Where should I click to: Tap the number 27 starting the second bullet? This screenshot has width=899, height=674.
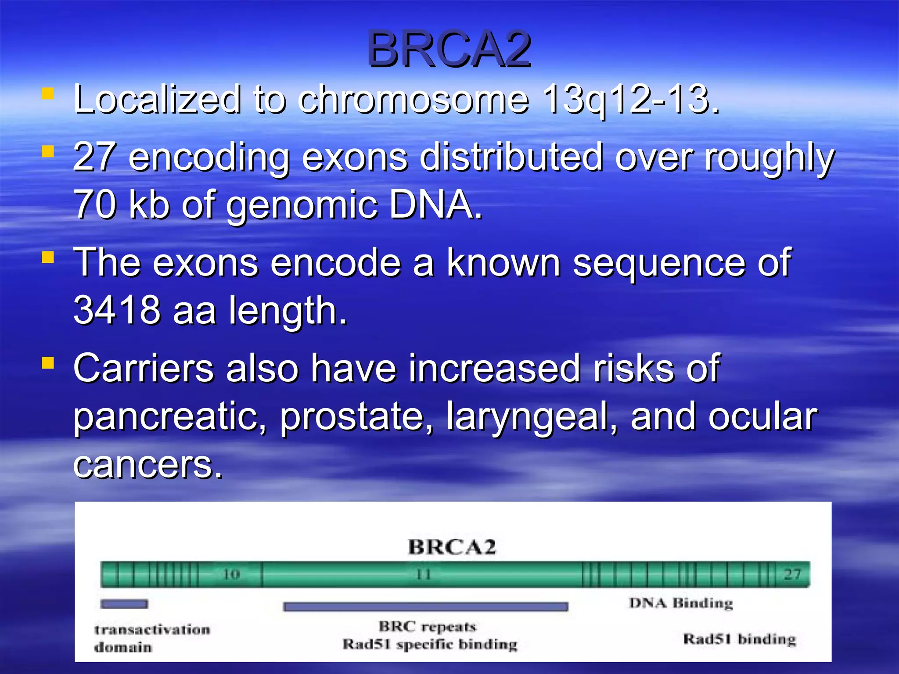[x=94, y=157]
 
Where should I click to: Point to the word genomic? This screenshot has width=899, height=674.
[x=302, y=205]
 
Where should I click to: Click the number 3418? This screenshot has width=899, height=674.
[x=117, y=310]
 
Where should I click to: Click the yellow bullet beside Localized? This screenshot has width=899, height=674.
[x=48, y=93]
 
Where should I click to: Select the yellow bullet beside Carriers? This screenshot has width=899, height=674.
[x=48, y=363]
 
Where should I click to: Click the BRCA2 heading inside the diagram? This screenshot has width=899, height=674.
[x=452, y=547]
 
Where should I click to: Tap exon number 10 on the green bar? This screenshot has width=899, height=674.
[x=231, y=574]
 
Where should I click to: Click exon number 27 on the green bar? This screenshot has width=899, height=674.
[x=792, y=574]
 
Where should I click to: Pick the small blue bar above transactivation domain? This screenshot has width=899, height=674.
[x=124, y=604]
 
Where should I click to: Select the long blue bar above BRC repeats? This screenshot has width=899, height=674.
[x=425, y=606]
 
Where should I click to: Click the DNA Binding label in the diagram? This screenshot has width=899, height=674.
[x=681, y=603]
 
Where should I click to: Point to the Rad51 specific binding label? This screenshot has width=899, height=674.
[x=430, y=644]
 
